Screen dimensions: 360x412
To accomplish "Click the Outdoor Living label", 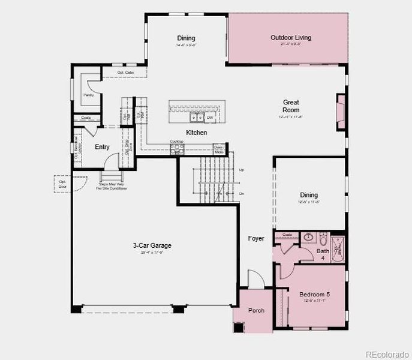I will pyautogui.click(x=291, y=38).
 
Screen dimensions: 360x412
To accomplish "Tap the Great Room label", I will pyautogui.click(x=291, y=106).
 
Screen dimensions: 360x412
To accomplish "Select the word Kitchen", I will pyautogui.click(x=197, y=133).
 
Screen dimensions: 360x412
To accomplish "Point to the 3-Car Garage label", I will pyautogui.click(x=152, y=245).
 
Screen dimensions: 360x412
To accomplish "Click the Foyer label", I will pyautogui.click(x=256, y=239).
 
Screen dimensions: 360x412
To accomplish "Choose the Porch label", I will pyautogui.click(x=256, y=310).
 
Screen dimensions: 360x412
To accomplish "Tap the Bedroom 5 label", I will pyautogui.click(x=314, y=295).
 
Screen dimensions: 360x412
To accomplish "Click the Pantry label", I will pyautogui.click(x=88, y=95).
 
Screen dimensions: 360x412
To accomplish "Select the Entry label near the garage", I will pyautogui.click(x=102, y=147).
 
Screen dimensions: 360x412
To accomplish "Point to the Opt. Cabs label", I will pyautogui.click(x=125, y=73).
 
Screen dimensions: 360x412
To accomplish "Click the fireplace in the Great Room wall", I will pyautogui.click(x=341, y=111).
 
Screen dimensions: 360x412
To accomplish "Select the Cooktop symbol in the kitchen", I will pyautogui.click(x=176, y=148).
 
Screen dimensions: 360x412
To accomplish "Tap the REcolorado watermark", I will pyautogui.click(x=387, y=353).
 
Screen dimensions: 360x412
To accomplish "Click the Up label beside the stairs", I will pyautogui.click(x=241, y=170).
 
